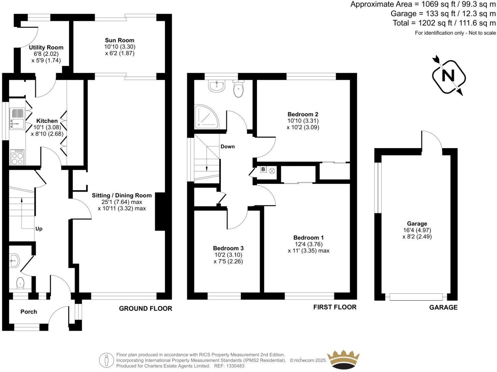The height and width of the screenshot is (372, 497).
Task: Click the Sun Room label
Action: point(119,40)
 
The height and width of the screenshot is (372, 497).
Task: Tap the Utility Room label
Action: point(46,48)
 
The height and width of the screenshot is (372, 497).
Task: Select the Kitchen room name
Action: point(47,121)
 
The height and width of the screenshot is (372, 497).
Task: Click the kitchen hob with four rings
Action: point(17,157)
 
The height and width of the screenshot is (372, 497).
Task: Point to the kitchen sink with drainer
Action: point(17,118)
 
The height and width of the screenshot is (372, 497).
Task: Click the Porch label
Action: point(29,311)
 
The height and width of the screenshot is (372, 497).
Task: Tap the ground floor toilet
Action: point(20,283)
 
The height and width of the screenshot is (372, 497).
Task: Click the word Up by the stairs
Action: point(39,229)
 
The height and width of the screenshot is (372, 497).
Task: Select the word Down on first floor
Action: point(227,146)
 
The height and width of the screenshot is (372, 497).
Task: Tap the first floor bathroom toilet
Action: point(238,89)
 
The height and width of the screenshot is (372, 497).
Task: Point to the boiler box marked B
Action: point(263,169)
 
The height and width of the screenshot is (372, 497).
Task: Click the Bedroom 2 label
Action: point(303,114)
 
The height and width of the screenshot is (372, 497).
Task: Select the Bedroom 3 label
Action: point(228,248)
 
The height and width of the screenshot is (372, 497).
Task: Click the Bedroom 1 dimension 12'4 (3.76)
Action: point(308,244)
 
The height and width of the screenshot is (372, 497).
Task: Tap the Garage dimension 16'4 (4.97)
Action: point(417,230)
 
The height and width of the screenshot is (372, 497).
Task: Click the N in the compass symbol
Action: point(448,76)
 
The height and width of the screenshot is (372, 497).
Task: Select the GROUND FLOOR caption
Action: point(145,308)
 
